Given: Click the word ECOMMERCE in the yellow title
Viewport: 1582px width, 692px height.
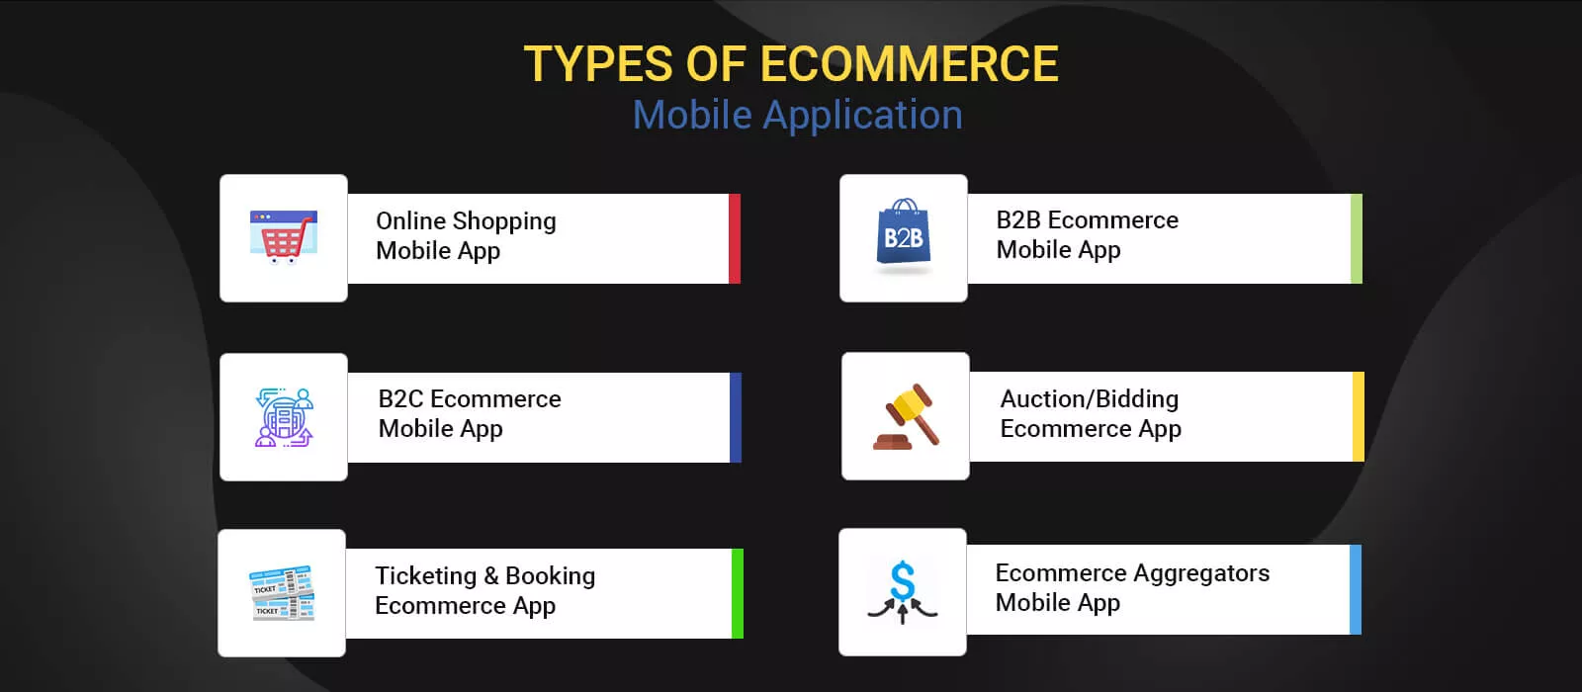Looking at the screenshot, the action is click(x=909, y=63).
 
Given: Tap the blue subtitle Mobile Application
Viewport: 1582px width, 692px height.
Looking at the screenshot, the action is click(x=797, y=115).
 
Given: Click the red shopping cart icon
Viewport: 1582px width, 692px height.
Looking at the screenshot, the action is click(x=284, y=236).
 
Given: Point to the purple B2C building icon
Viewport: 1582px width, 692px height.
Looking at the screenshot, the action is click(x=284, y=416).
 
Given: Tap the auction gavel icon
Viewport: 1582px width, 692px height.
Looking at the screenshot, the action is click(x=906, y=416).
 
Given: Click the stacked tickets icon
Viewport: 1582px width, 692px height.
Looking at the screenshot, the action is click(x=282, y=593).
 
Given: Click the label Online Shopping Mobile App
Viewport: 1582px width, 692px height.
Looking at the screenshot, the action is click(x=466, y=236).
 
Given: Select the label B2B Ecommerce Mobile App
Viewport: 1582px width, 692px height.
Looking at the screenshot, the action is click(x=1088, y=234).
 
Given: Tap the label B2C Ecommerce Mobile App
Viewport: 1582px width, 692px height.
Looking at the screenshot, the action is click(x=470, y=414).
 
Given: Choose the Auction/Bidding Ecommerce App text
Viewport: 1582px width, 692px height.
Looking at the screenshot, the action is click(x=1091, y=414).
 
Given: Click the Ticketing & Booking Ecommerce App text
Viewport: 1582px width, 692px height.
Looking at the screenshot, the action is click(x=485, y=591).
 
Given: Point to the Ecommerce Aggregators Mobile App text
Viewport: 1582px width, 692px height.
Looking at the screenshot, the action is click(x=1133, y=587).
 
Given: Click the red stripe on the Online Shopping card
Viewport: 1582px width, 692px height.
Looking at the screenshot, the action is click(x=735, y=238).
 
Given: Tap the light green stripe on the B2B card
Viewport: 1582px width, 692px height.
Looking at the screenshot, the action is click(x=1356, y=238).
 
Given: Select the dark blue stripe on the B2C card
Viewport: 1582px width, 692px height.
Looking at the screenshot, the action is click(x=736, y=417).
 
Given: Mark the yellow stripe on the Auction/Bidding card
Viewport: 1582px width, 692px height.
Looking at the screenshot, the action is click(x=1359, y=416).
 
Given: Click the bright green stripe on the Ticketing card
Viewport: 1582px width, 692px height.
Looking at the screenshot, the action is click(x=738, y=594).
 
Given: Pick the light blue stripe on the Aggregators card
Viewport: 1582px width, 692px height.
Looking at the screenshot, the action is click(x=1356, y=589).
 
